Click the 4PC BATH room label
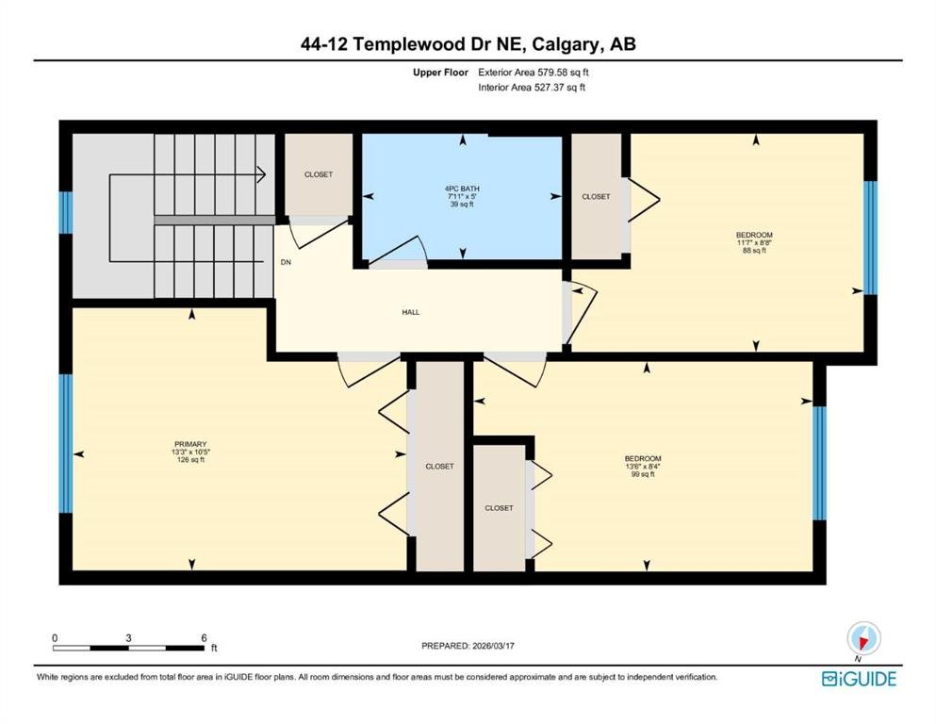click(x=462, y=189)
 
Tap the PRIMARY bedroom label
click(x=190, y=444)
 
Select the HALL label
click(x=411, y=312)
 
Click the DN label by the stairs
click(x=286, y=262)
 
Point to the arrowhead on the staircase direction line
click(x=261, y=174)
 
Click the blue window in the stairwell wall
click(x=66, y=212)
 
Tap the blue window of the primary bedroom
click(x=66, y=443)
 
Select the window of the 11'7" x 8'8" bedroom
click(x=871, y=239)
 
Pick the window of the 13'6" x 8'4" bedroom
click(x=820, y=463)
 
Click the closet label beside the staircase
click(x=319, y=174)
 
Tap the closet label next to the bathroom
click(x=597, y=196)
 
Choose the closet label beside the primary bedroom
click(x=440, y=466)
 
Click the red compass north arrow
click(x=862, y=642)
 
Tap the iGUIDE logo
click(x=859, y=679)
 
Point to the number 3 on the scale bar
click(x=128, y=637)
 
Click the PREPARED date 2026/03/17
click(x=493, y=646)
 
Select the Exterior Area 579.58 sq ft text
click(x=534, y=73)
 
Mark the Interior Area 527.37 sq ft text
click(x=532, y=87)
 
